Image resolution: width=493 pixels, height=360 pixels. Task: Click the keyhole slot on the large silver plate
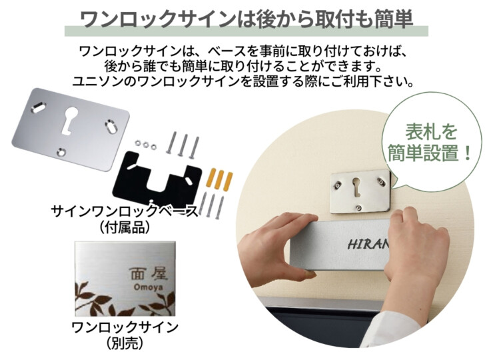coord(70,121)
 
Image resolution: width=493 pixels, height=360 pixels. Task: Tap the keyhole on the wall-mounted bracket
coord(356,187)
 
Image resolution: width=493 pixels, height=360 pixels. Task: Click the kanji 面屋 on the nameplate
coord(149,274)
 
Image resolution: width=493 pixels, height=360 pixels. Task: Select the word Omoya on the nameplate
coord(148,287)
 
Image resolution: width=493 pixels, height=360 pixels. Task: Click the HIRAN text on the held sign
coord(368,244)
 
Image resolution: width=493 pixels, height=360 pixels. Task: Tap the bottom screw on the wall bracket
coord(359,207)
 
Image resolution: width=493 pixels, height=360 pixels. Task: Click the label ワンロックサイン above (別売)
coord(125,327)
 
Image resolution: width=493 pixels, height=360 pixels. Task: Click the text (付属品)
coord(125,227)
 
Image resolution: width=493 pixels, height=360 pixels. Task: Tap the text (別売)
coord(125,343)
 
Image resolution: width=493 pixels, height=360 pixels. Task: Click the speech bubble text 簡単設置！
coord(430,153)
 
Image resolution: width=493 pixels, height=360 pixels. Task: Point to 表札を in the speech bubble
coord(431,132)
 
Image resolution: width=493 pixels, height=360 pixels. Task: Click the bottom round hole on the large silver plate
coord(61,152)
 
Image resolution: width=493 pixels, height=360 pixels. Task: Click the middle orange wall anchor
coord(220,180)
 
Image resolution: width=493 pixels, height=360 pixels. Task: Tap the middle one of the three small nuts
coord(146,145)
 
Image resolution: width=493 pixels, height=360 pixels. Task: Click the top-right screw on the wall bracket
coord(381,181)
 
